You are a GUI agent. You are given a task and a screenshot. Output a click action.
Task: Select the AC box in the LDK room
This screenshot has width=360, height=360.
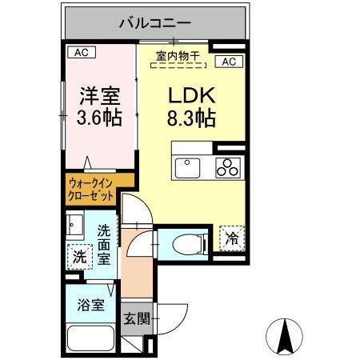tap(228, 61)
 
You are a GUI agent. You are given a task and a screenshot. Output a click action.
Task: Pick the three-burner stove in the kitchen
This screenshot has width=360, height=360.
tap(227, 168)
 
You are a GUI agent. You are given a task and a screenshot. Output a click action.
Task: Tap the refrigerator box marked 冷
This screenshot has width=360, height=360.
tap(230, 238)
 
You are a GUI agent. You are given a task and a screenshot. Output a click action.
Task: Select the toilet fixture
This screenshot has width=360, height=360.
tap(182, 243)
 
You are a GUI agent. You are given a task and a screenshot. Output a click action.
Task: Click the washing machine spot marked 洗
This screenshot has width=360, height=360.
tap(78, 258)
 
